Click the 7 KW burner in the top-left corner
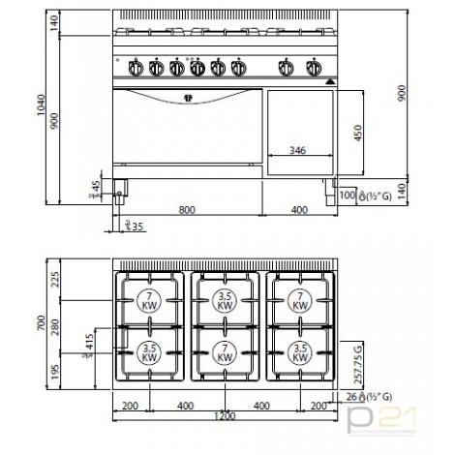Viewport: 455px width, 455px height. (x=148, y=299)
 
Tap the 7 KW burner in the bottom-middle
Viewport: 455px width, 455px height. (x=225, y=350)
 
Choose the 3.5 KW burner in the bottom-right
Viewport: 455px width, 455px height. (x=301, y=350)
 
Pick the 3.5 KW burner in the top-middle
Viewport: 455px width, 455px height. (x=225, y=299)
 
